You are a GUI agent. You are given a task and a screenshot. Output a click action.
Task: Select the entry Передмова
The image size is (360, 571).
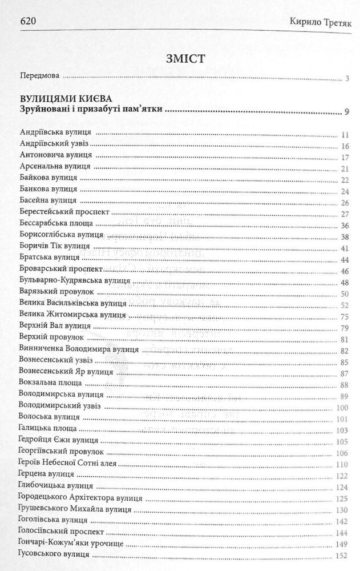39,76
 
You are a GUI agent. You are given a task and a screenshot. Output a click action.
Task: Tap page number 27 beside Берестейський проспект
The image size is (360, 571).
344,214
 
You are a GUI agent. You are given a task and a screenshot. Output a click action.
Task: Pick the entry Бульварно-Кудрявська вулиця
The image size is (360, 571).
75,282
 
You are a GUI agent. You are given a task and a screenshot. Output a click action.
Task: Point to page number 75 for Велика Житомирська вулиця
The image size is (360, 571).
344,316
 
